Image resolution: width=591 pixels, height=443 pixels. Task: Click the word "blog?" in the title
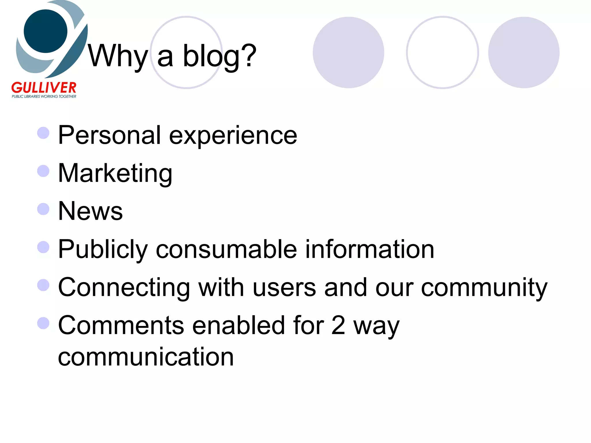click(219, 56)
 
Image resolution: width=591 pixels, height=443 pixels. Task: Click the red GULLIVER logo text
click(44, 88)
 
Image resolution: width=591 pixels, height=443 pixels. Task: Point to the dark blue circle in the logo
click(45, 31)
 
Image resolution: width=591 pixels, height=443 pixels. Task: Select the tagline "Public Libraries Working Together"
click(44, 96)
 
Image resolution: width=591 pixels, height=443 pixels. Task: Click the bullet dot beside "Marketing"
click(43, 171)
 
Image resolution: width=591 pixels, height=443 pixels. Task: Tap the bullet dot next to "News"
click(43, 209)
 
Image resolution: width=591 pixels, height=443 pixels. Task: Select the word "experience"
click(233, 136)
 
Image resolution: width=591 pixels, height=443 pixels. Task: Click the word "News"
click(90, 211)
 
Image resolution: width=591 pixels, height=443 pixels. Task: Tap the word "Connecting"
click(124, 288)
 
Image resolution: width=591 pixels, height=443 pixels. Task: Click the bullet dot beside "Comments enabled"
click(43, 323)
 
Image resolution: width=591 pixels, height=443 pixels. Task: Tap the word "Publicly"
click(103, 249)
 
